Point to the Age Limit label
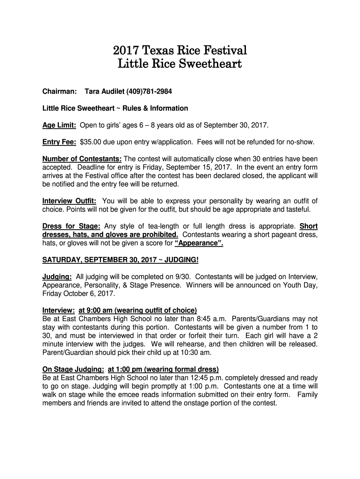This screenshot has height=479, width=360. pos(59,126)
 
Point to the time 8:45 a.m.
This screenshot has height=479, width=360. pos(212,319)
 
